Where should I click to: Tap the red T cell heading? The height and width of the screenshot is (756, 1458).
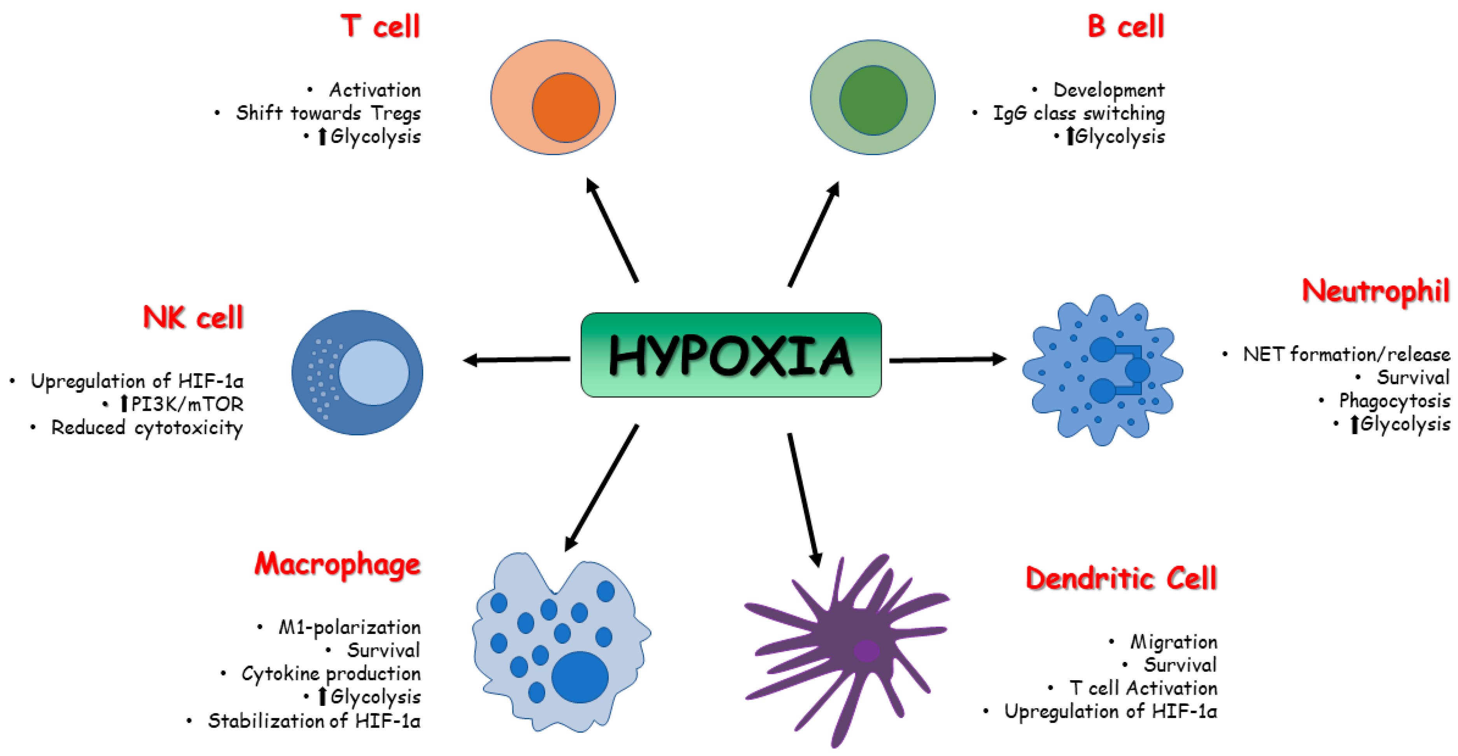[380, 26]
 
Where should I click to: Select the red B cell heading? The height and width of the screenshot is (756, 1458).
[1125, 26]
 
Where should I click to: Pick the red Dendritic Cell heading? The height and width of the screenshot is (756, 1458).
[1121, 578]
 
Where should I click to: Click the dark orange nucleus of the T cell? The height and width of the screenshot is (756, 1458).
[565, 108]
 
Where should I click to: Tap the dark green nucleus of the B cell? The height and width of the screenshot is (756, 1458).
[873, 100]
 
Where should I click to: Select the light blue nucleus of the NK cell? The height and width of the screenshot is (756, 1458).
[374, 372]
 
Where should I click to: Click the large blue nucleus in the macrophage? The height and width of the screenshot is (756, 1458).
[579, 677]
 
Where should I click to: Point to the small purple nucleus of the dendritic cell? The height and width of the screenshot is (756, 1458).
[866, 651]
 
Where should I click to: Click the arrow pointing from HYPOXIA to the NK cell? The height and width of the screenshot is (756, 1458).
[516, 359]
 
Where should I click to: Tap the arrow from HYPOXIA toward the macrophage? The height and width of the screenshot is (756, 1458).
[601, 488]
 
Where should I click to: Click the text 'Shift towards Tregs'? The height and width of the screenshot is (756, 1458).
[328, 113]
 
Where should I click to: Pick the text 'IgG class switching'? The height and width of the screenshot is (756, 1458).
[1079, 113]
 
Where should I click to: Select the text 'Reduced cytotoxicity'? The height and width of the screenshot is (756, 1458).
[147, 428]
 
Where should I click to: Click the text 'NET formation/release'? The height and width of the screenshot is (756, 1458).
[1346, 354]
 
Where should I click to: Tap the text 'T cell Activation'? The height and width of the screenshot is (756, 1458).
[1143, 688]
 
